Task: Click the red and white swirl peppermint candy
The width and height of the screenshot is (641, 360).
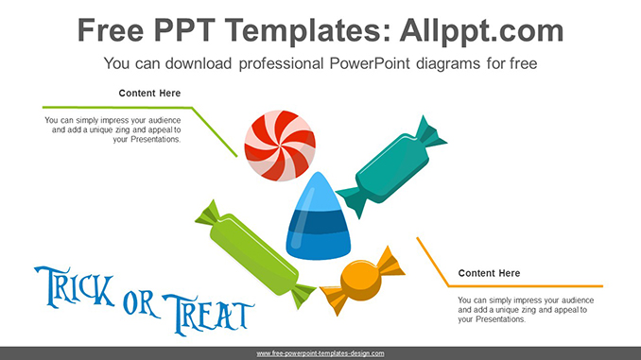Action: click(280, 146)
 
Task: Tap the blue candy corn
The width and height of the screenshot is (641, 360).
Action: click(318, 216)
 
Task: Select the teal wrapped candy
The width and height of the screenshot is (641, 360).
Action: click(391, 167)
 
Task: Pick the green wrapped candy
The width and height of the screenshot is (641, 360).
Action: click(255, 254)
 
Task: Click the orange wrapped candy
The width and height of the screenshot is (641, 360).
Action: click(362, 282)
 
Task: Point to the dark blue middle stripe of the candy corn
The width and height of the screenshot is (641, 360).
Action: click(318, 223)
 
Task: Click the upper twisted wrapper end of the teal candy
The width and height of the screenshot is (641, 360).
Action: click(429, 132)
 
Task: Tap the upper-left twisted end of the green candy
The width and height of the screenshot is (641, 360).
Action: click(209, 214)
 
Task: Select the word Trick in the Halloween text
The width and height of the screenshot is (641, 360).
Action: click(75, 287)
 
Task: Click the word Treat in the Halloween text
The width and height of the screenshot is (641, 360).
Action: click(209, 314)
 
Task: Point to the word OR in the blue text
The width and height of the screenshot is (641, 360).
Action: click(141, 303)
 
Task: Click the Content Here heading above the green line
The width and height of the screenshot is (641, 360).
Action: click(149, 94)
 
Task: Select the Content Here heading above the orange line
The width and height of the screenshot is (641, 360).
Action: click(489, 273)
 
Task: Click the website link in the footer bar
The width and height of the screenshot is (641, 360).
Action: click(320, 353)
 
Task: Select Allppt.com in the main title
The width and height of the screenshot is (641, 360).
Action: click(481, 30)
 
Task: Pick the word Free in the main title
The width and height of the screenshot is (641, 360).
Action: click(111, 30)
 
